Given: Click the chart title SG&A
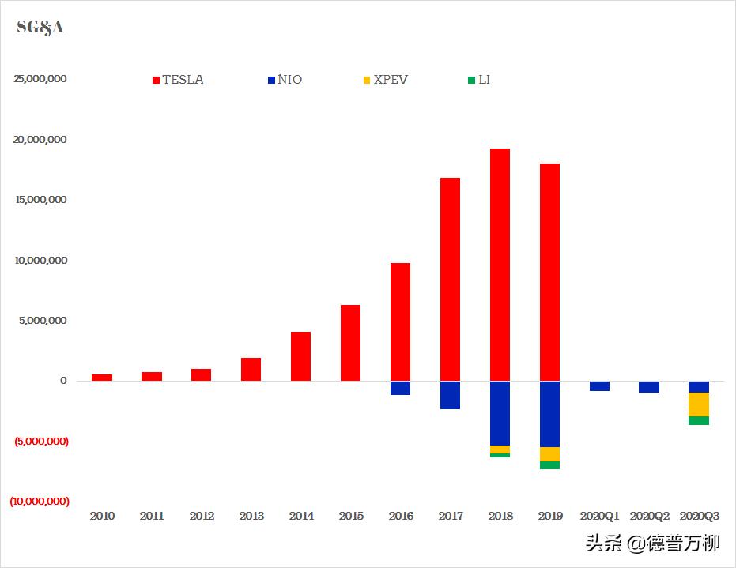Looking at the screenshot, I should [40, 28].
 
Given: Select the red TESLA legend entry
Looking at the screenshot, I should [177, 80].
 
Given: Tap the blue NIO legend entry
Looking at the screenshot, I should [285, 80].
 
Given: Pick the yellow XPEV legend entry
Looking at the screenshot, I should [385, 80].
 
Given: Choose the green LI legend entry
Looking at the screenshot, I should [479, 80].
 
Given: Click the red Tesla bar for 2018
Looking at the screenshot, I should [500, 265].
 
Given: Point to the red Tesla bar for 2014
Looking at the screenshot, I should [300, 356].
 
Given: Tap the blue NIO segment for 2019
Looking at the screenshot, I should [549, 414].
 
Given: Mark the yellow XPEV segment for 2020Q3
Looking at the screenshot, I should [699, 404].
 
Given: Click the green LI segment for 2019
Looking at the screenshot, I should [549, 465].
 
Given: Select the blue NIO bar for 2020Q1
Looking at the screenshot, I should [599, 386].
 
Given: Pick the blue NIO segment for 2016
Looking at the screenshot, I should [400, 388].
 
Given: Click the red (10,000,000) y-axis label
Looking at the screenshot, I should [40, 502].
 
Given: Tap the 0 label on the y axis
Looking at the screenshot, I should [63, 381].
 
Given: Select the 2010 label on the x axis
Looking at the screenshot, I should [102, 517].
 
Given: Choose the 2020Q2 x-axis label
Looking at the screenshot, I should [649, 517].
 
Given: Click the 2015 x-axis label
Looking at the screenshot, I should [351, 517].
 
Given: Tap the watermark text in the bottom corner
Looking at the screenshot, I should [652, 544].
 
